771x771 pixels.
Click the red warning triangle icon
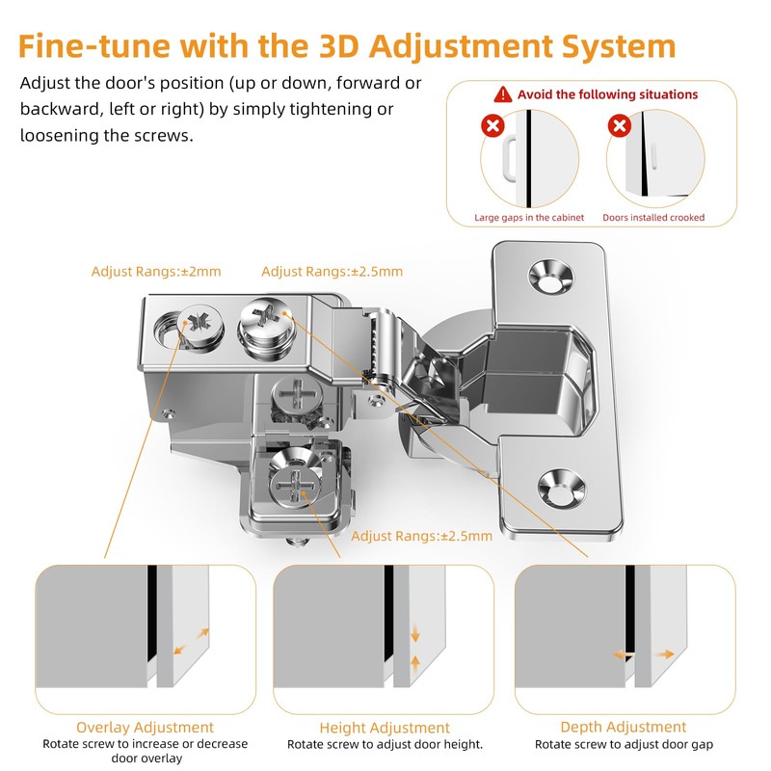502,94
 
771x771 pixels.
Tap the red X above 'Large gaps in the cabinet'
492,125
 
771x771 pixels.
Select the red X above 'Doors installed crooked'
619,125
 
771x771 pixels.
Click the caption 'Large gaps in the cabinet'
529,218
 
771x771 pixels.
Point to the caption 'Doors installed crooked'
653,218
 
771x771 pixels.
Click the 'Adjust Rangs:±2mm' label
156,272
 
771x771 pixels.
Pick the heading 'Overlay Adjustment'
145,728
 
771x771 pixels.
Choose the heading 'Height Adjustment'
385,728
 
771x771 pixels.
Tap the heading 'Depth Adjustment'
624,727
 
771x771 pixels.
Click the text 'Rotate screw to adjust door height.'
385,744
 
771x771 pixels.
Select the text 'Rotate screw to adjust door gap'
624,744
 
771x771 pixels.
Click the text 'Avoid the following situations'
607,94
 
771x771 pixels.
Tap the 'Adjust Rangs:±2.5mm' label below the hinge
421,536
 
